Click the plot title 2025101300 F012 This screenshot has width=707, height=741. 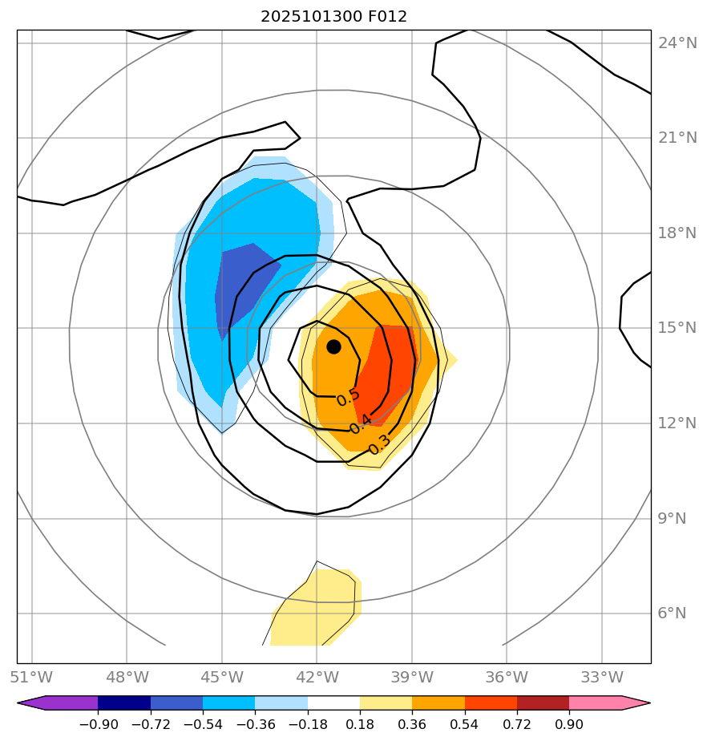pos(333,17)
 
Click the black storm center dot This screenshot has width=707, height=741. pos(333,346)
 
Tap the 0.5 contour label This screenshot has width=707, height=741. pos(348,396)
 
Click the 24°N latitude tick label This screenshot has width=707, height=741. pos(677,43)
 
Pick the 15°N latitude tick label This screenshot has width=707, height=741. pos(677,328)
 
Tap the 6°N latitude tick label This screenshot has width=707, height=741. pos(672,613)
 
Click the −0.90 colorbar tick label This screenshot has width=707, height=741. pos(98,724)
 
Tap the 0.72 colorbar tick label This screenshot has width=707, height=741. pos(517,724)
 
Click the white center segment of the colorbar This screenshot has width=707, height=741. pos(333,703)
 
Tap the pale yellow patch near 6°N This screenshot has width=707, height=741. pos(317,609)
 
